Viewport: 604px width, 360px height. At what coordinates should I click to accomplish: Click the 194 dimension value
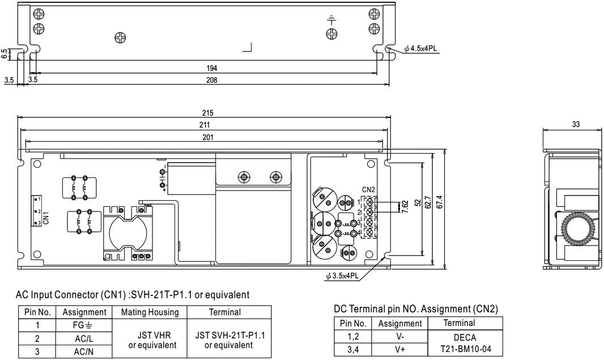(212, 68)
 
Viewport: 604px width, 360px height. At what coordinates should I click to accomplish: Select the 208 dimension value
(212, 81)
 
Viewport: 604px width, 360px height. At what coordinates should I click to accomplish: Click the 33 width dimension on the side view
(576, 125)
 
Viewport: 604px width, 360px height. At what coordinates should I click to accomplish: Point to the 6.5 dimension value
(5, 54)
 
